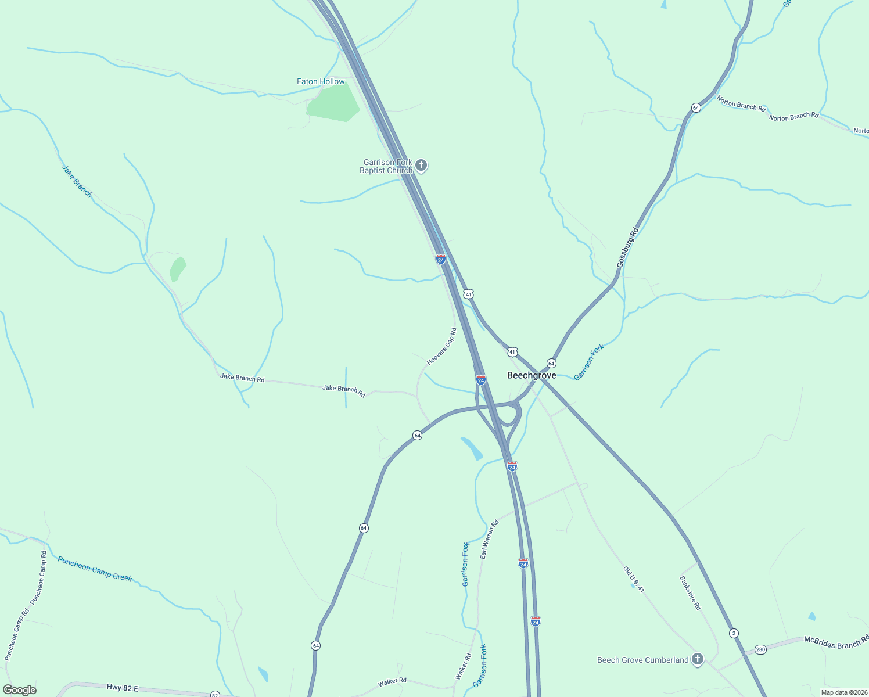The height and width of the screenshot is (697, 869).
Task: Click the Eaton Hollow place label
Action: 321,82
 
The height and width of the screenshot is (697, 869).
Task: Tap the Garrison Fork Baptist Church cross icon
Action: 421,166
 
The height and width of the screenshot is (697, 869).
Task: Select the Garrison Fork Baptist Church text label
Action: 386,167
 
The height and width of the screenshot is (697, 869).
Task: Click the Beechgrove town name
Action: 532,376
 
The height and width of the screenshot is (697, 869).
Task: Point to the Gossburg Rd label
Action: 627,247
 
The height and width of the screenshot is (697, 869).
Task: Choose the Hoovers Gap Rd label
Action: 442,347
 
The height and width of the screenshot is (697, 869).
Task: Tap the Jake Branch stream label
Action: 77,181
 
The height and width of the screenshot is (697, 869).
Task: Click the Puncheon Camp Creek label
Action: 95,569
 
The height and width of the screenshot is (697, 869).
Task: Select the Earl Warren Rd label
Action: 489,540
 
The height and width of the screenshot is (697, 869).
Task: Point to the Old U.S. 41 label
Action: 634,580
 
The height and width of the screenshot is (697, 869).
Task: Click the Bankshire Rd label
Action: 690,593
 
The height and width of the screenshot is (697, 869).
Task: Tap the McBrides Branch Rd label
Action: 836,641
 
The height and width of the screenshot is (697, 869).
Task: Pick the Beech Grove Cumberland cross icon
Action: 698,659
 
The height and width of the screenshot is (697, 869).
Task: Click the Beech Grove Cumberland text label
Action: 643,660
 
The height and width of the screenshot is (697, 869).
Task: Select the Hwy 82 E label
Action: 123,688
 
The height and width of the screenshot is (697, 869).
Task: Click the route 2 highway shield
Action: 734,633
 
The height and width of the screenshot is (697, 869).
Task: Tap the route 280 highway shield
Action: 761,649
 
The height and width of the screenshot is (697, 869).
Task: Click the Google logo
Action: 19,690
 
